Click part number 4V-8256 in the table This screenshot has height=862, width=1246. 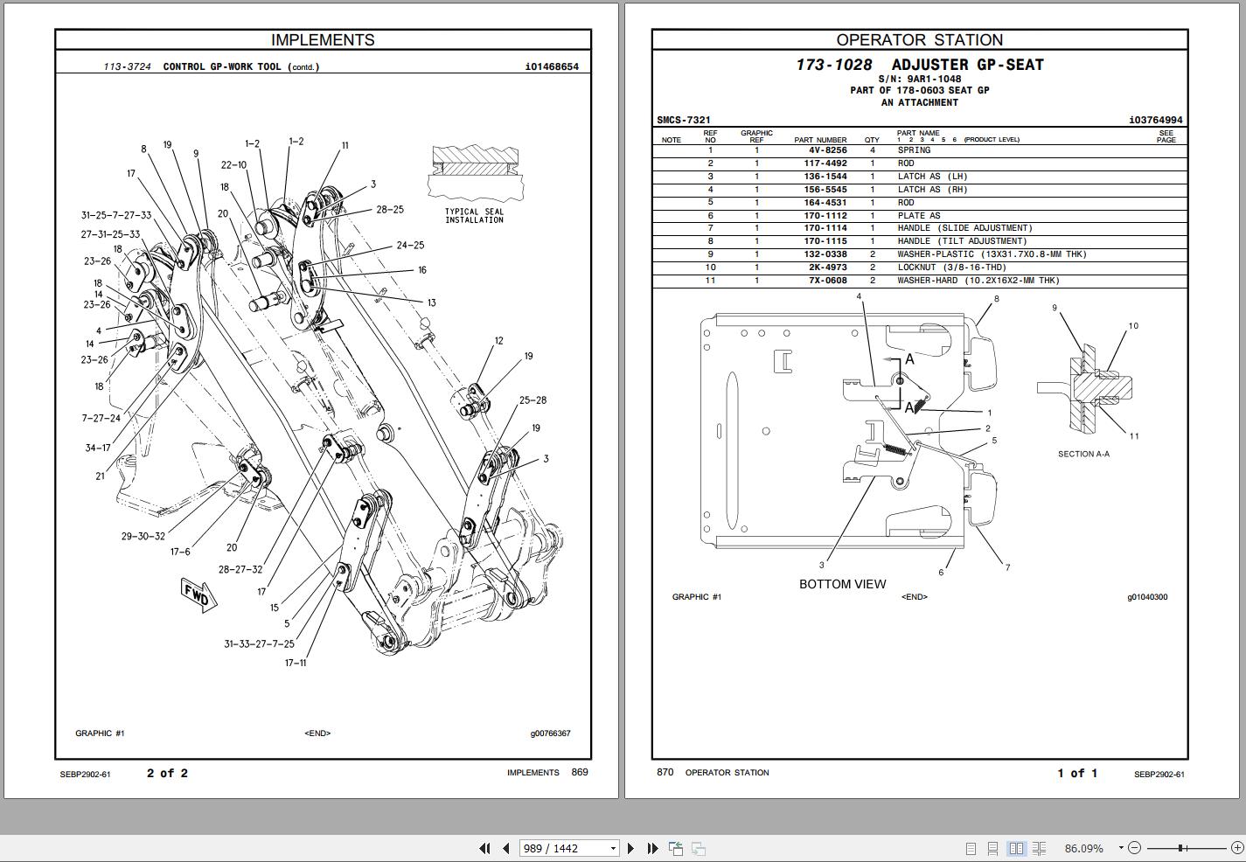coord(827,150)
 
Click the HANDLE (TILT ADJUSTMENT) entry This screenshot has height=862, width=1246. coord(962,241)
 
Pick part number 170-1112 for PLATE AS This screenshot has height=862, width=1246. coord(825,216)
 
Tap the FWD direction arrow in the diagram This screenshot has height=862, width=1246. coord(198,595)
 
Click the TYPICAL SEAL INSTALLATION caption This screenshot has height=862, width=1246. coord(474,216)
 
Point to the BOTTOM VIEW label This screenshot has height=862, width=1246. coord(842,584)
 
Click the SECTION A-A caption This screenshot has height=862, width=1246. coord(1083,454)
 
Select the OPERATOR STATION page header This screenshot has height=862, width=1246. coord(919,40)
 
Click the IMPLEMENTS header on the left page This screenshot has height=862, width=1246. coord(323,40)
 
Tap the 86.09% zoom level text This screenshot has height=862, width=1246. coord(1083,848)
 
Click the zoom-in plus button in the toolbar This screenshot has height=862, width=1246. coord(1236,847)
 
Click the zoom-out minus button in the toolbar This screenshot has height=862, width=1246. coord(1134,847)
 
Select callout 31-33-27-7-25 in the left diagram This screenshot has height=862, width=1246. coord(259,644)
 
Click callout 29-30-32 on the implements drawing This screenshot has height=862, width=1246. coord(143,536)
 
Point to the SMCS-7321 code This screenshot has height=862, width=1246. coord(684,120)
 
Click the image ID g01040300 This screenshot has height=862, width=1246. coord(1146,597)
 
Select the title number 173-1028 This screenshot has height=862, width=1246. coord(833,65)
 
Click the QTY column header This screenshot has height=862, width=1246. coord(872,140)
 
